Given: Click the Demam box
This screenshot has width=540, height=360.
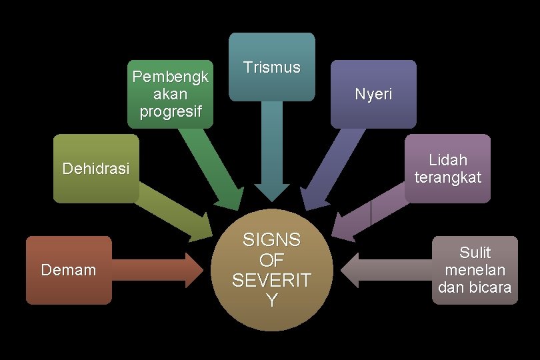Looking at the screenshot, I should coord(68,270).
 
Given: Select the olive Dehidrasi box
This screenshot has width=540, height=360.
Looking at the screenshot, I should coord(96,169).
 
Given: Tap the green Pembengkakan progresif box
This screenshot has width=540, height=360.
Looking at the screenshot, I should coord(170,93).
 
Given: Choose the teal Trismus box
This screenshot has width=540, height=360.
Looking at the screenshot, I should coord(271,67).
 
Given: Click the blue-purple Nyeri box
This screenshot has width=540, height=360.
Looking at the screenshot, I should coord(373,94).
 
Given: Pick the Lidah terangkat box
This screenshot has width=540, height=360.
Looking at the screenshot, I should coord(447,169).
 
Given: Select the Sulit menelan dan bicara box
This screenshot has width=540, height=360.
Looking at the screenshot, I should coord(475,270).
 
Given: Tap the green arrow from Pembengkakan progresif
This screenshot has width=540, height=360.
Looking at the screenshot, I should coord(212,167).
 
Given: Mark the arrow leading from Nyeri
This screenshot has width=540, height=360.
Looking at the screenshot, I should coord(331,167).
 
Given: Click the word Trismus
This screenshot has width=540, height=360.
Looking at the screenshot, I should coord(271,67).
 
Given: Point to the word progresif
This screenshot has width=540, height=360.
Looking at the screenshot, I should coord(170,111).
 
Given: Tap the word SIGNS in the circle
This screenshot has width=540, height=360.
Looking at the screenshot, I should coord(271,240).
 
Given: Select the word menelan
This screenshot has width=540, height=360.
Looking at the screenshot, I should coord(475,271).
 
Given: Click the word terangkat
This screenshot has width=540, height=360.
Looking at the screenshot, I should coord(447,177).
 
